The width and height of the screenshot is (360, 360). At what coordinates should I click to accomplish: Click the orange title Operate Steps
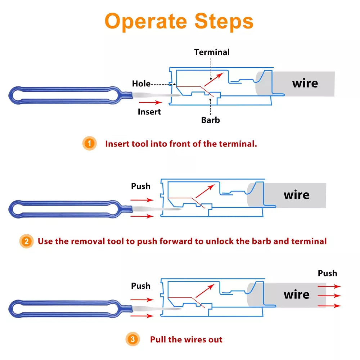(x=179, y=21)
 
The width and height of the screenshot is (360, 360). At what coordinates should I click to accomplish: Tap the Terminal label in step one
(x=212, y=52)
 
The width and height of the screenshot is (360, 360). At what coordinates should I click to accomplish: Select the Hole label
(x=141, y=84)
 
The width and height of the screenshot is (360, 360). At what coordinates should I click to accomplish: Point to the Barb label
(x=211, y=120)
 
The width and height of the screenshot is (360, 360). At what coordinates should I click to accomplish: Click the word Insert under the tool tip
(x=149, y=112)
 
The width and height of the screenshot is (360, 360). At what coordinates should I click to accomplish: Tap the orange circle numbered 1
(x=89, y=144)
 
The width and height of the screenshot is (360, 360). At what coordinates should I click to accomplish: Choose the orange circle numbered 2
(x=26, y=241)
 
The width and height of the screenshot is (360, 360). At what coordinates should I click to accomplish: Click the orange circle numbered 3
(x=133, y=339)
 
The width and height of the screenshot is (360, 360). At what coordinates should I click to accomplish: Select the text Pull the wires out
(x=186, y=339)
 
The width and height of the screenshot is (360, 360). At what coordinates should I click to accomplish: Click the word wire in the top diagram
(x=305, y=84)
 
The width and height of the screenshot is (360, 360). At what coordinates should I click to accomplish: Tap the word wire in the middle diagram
(x=296, y=195)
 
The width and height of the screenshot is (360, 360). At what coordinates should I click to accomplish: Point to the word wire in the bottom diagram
(x=296, y=295)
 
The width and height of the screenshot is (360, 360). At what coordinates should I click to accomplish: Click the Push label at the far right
(x=327, y=273)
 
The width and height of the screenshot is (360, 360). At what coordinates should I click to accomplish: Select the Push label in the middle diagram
(x=141, y=186)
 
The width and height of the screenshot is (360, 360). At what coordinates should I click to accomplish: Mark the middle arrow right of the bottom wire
(x=329, y=296)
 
